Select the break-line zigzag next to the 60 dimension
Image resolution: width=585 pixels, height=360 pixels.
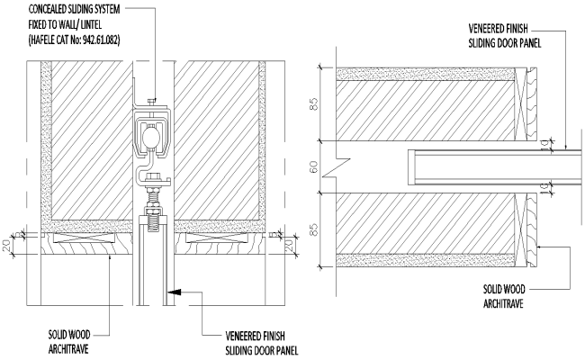334,167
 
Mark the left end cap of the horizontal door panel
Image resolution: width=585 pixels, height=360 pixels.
410,166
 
